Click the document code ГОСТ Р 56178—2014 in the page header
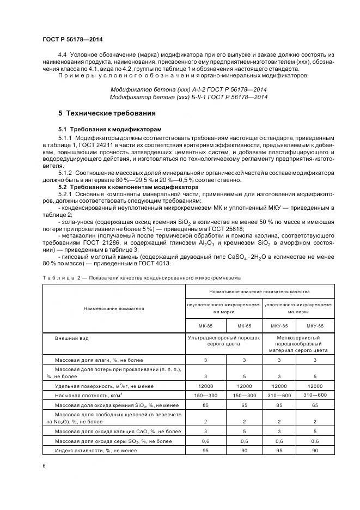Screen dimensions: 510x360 [72, 40]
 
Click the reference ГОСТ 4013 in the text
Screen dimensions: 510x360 [156, 264]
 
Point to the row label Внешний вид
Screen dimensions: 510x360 [71, 338]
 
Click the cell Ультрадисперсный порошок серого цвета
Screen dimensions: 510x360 [224, 342]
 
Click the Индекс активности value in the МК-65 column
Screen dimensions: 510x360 [243, 451]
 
